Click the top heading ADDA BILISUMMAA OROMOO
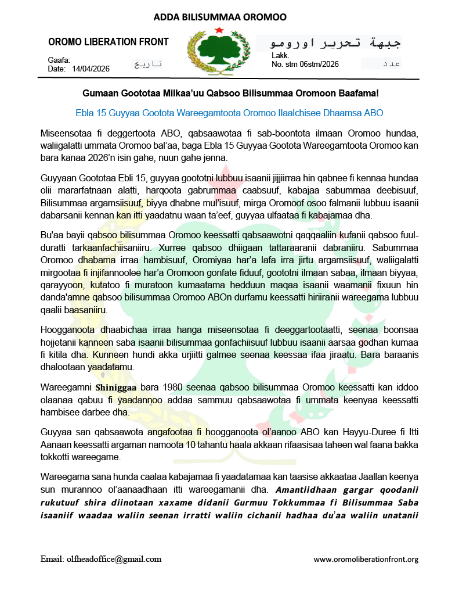tap(220, 17)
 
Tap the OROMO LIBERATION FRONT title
tap(109, 42)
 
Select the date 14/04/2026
tap(91, 69)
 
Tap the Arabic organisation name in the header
tap(328, 42)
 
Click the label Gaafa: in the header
tap(59, 60)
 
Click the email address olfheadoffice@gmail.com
tap(101, 559)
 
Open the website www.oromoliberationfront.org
tap(366, 560)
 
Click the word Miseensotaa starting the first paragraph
tap(67, 134)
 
